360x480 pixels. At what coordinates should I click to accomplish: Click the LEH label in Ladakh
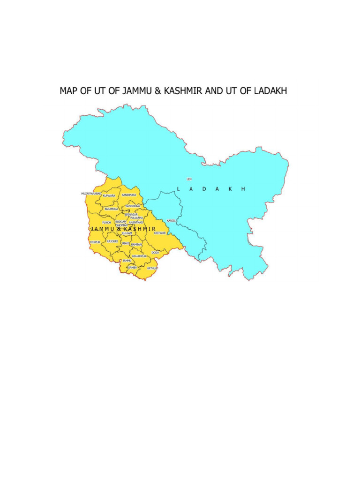click(189, 179)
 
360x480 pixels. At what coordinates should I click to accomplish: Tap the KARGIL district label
click(171, 221)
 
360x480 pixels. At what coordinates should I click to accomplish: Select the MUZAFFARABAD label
click(91, 193)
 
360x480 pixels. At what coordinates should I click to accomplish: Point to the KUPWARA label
click(109, 195)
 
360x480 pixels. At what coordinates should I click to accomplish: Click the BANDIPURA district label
click(128, 194)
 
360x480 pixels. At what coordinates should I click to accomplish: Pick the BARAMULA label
click(112, 209)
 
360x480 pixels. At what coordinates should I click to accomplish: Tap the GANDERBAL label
click(133, 206)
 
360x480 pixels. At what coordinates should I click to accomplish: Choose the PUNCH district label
click(106, 222)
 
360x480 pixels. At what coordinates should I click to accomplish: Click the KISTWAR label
click(160, 233)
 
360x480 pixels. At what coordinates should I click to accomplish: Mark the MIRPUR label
click(95, 242)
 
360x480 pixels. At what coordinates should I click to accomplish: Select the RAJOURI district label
click(112, 241)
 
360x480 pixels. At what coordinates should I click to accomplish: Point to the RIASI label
click(126, 244)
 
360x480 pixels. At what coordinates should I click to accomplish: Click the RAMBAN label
click(136, 245)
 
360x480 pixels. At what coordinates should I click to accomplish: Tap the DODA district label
click(155, 253)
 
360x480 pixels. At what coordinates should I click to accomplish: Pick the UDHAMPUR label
click(139, 256)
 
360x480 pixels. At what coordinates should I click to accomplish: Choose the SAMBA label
click(132, 267)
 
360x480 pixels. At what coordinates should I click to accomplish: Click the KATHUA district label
click(152, 269)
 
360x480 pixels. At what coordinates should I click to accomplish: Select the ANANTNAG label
click(136, 223)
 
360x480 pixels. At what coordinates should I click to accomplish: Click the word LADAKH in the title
click(270, 90)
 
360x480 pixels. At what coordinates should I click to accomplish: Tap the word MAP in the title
click(67, 90)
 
